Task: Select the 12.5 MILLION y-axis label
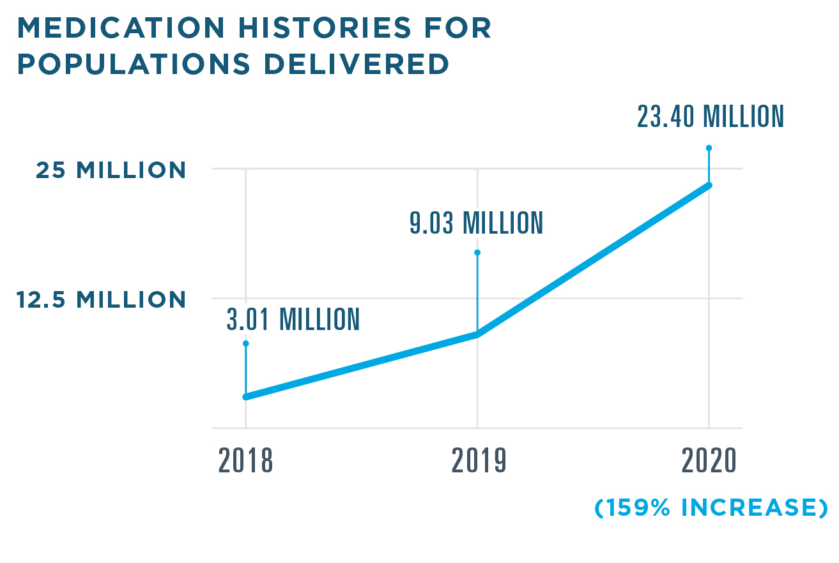102,300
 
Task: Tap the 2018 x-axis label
246,460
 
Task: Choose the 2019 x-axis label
479,460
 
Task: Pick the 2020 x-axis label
709,460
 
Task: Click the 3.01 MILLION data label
293,319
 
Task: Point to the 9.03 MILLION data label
477,223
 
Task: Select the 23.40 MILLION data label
710,117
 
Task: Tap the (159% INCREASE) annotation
711,508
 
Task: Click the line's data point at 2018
246,397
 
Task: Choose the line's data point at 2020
709,185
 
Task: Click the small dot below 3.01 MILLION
246,343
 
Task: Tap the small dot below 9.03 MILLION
477,252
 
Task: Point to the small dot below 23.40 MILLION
709,147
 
